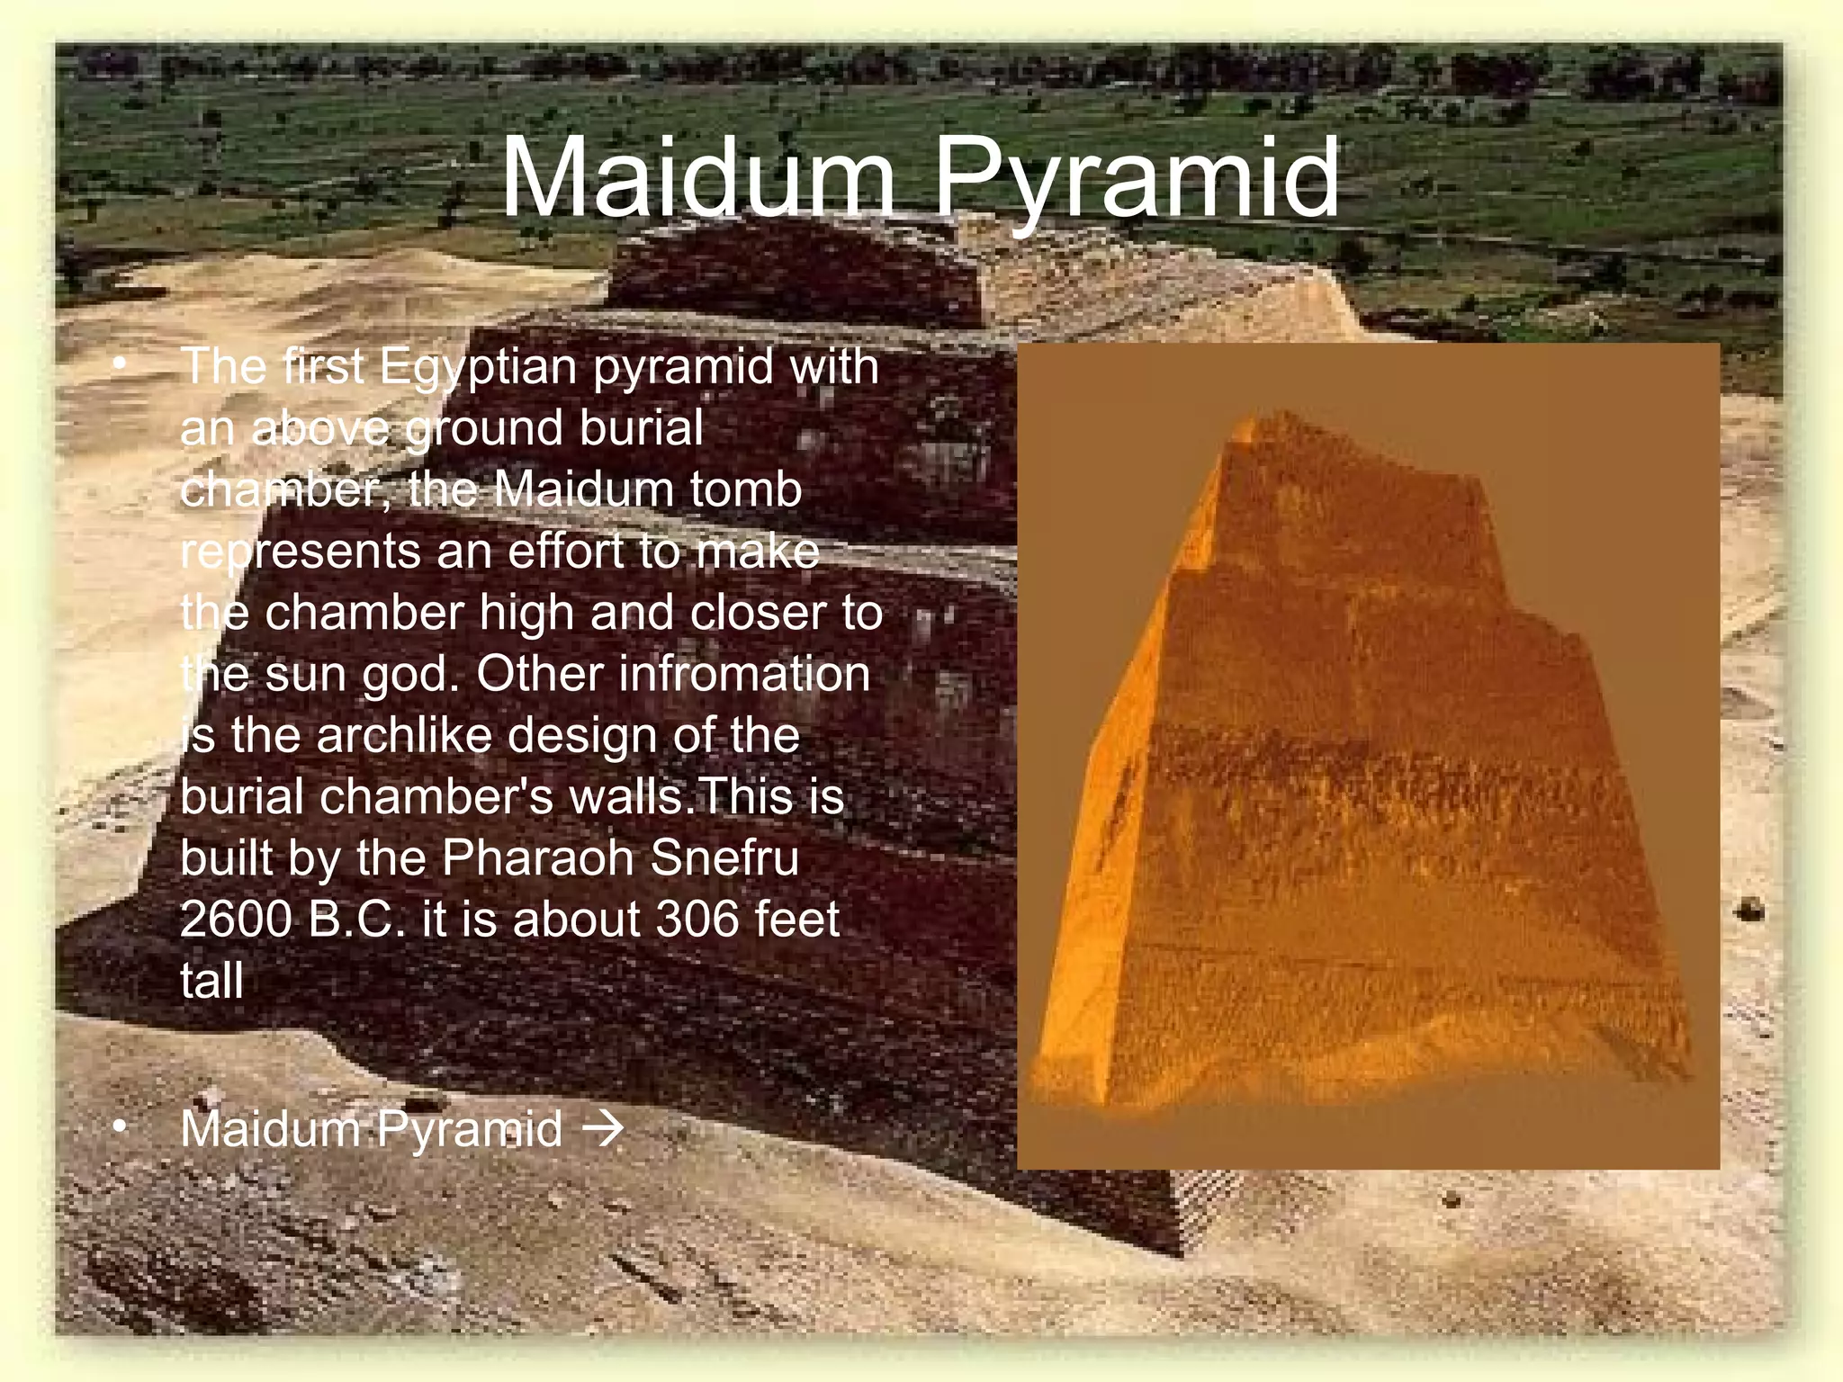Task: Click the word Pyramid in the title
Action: point(1136,180)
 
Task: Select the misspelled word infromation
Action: point(674,673)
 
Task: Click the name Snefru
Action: point(724,857)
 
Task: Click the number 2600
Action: point(236,919)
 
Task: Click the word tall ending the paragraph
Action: point(211,980)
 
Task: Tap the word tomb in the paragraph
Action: point(746,489)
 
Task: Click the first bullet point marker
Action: point(119,365)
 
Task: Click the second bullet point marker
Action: point(119,1128)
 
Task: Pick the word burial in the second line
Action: point(641,428)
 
